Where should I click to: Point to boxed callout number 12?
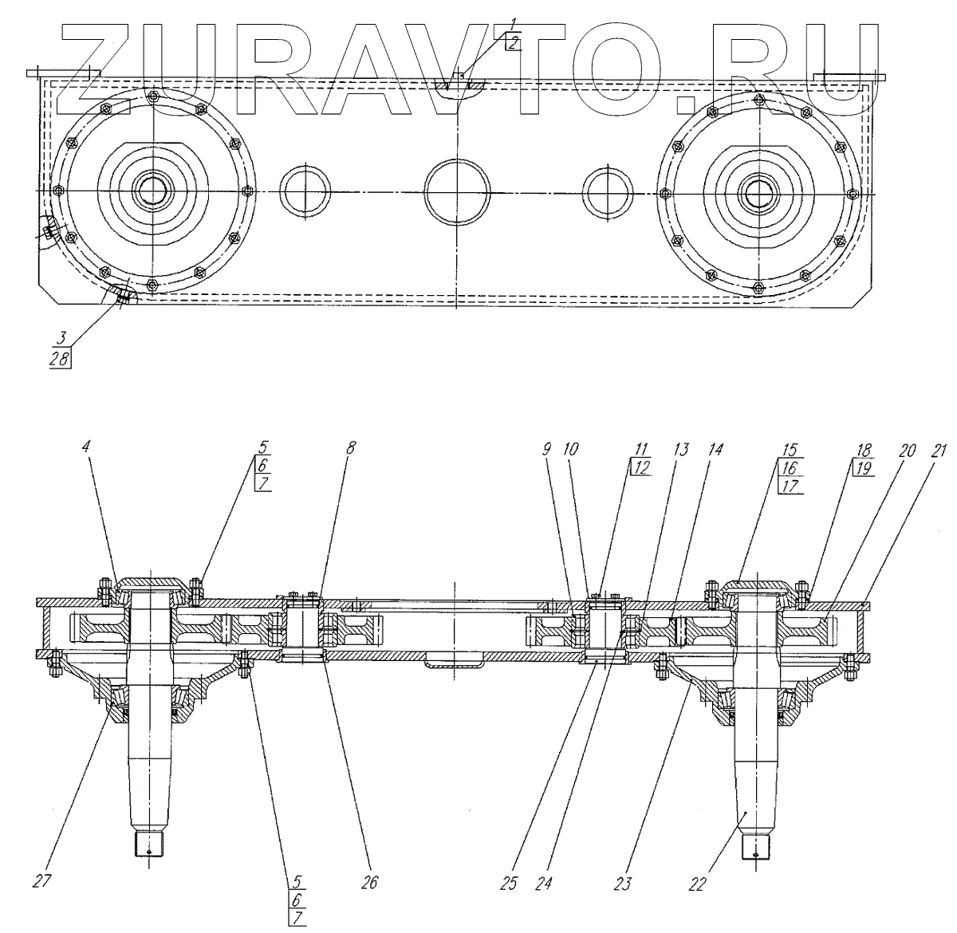pos(641,468)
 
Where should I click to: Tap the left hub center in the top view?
pos(151,191)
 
